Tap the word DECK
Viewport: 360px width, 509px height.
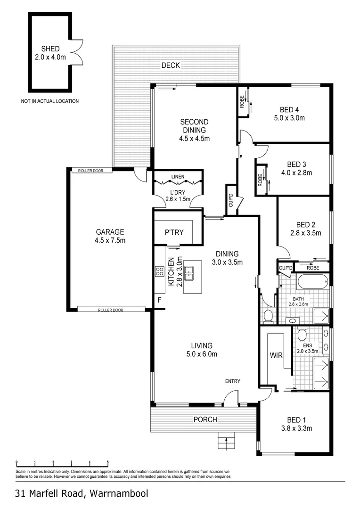coord(171,66)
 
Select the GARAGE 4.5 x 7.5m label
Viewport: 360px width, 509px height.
coord(110,236)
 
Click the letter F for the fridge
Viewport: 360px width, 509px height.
coord(159,300)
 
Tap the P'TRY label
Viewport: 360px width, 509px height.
coord(174,232)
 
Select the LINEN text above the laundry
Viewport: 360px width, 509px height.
coord(178,177)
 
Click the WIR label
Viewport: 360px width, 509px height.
coord(276,355)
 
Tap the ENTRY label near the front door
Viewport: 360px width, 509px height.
coord(233,381)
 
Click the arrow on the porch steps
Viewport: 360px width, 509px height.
coord(226,443)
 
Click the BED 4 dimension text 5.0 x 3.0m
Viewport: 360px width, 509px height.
coord(289,118)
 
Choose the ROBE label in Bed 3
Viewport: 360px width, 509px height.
coord(260,179)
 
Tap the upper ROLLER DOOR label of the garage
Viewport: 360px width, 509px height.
coord(88,171)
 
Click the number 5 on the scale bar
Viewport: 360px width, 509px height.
coord(108,462)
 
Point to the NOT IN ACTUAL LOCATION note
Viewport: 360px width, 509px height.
coord(49,101)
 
